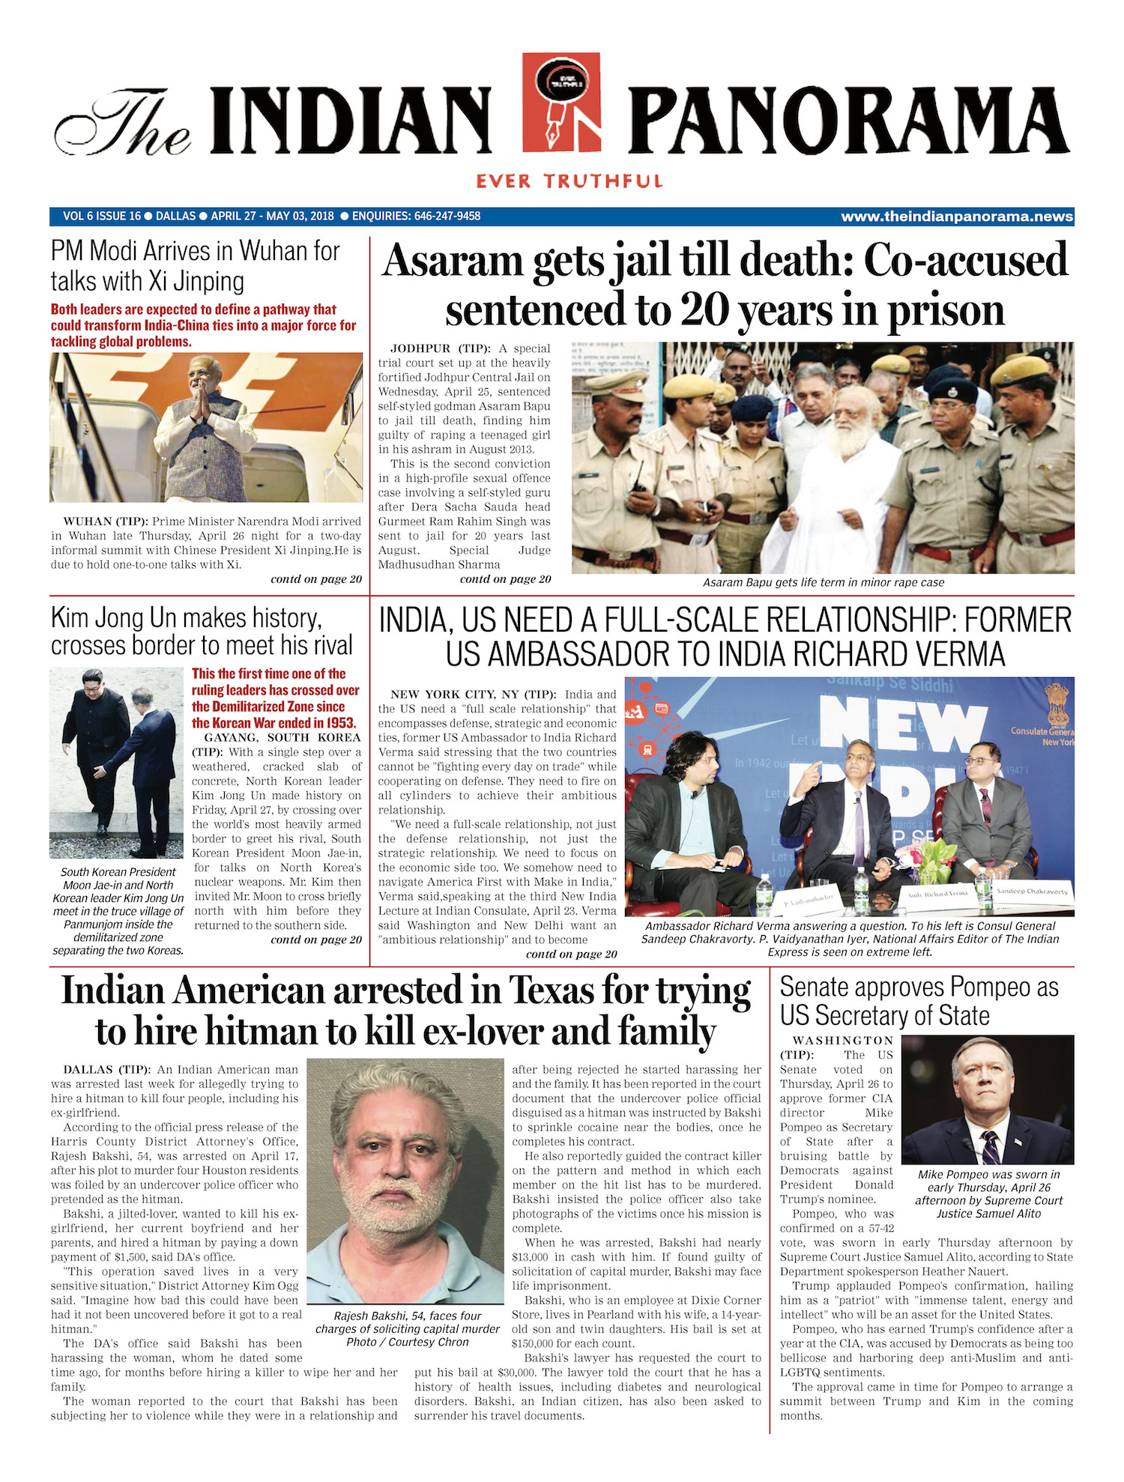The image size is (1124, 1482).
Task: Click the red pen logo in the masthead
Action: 561,102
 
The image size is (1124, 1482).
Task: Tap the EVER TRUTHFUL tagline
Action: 569,181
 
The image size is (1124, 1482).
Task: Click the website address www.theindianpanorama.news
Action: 957,217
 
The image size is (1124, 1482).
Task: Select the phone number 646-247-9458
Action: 447,217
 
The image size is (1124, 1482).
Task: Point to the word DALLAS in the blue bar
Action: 175,217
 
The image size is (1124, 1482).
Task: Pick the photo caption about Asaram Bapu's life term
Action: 823,582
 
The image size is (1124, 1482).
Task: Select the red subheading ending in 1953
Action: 275,698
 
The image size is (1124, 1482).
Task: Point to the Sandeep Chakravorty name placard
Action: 1032,892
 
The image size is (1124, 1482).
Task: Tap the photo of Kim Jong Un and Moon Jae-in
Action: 116,763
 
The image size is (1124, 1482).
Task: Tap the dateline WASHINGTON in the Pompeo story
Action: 843,1041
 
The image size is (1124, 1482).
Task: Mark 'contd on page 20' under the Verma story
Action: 571,954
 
